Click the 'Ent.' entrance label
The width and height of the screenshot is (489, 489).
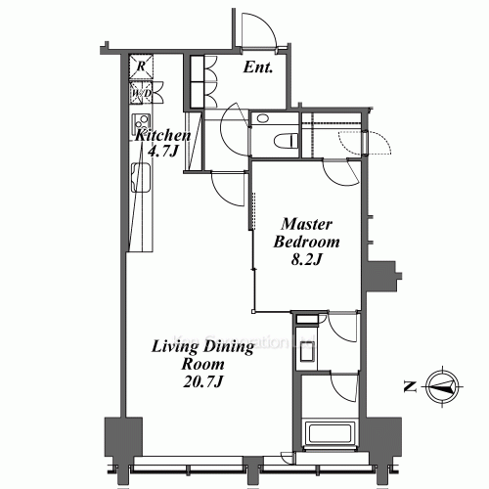coord(256,68)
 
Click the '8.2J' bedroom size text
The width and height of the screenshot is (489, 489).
coord(306,260)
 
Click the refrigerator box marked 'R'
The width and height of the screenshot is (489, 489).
coord(142,67)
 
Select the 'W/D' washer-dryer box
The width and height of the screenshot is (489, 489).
coord(141,94)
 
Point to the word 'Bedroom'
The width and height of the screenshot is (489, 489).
coord(306,243)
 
